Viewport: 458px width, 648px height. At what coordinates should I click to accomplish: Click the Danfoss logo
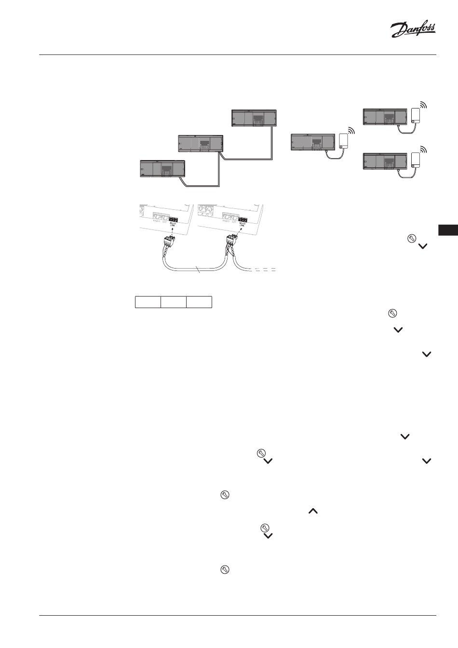coord(413,30)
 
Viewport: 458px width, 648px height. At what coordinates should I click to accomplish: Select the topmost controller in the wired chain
coord(254,118)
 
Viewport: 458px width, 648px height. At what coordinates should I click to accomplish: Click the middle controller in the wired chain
coord(201,143)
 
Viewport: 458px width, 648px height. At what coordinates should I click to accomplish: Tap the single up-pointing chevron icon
coord(313,511)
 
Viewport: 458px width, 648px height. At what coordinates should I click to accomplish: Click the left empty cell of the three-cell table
coord(148,302)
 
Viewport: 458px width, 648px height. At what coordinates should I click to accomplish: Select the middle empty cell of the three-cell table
coord(174,302)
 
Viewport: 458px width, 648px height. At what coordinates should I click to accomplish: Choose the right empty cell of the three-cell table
coord(200,302)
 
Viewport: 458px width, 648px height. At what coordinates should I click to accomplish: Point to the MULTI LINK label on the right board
coord(242,225)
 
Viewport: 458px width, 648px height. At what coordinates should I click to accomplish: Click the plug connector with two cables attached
coord(232,240)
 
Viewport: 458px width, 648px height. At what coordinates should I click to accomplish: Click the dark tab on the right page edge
coord(448,230)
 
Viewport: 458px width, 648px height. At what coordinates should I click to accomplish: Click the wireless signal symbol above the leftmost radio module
coord(351,130)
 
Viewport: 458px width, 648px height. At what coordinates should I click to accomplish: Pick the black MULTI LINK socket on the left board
coord(173,219)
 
